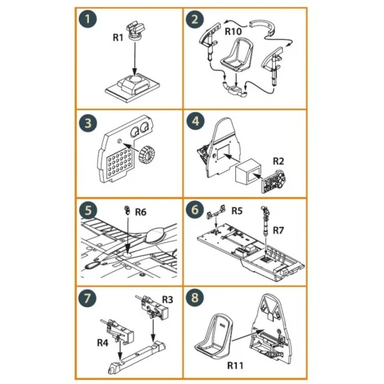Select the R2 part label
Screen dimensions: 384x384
(x=279, y=162)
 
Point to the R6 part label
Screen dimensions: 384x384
(x=141, y=212)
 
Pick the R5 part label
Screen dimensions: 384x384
(x=238, y=210)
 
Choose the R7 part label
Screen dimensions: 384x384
(x=278, y=231)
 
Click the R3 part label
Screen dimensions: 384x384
(x=169, y=299)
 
